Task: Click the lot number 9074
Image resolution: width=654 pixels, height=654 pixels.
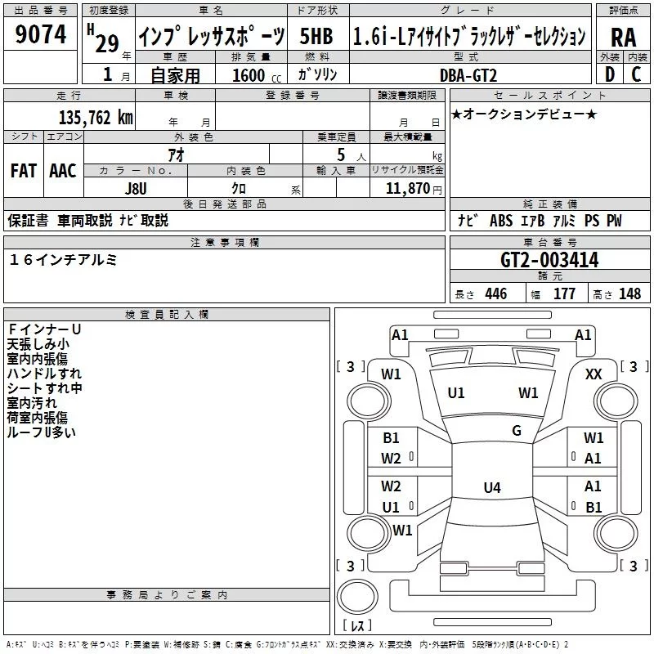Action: (x=41, y=35)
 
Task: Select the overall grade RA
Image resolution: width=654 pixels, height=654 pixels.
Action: (x=623, y=37)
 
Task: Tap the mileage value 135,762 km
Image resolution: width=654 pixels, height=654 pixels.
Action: (x=96, y=118)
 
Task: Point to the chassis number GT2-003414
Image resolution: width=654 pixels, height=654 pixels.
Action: (x=549, y=261)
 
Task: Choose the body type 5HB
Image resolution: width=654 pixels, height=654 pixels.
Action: (x=316, y=37)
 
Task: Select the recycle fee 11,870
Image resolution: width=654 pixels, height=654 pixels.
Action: (x=406, y=188)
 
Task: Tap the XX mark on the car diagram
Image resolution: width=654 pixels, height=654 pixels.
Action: (x=594, y=374)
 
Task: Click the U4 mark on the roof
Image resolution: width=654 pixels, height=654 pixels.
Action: (x=491, y=488)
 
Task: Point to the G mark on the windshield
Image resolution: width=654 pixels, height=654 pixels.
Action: (x=517, y=431)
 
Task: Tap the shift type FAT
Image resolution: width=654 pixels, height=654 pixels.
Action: (x=23, y=171)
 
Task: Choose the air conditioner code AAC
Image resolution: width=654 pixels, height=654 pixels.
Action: (x=62, y=171)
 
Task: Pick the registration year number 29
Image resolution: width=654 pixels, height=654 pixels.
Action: (x=107, y=43)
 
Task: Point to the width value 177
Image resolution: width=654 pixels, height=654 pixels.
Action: (x=564, y=294)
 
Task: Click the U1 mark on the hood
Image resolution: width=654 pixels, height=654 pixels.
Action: (x=456, y=393)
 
